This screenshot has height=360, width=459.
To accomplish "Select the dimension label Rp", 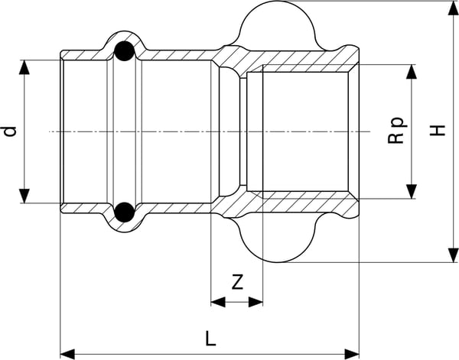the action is point(397,131).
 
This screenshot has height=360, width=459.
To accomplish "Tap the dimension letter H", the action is point(437,131).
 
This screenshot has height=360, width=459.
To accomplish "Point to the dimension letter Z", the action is point(237,282).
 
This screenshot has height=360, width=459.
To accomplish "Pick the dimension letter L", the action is point(210,339).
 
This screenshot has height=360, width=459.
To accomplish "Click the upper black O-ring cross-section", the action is point(124,51).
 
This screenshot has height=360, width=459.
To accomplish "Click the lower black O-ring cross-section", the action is point(124,212).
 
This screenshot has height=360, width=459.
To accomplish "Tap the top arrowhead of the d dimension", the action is point(24,67).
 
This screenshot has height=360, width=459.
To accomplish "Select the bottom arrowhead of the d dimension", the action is point(24,196).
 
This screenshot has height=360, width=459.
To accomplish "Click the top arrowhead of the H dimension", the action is point(453,8).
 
